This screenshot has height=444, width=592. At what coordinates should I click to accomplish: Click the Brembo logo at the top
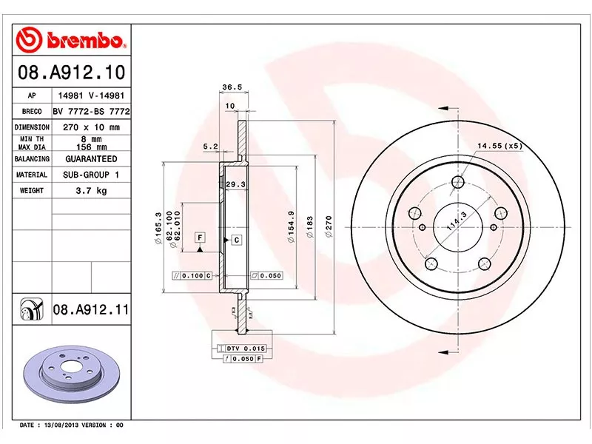[73, 39]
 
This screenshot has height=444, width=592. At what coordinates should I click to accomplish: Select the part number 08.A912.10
[71, 74]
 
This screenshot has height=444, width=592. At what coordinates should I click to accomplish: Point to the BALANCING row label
[32, 159]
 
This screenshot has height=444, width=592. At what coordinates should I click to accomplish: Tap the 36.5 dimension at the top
[232, 87]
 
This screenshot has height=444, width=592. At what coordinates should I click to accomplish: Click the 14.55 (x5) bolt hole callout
[499, 146]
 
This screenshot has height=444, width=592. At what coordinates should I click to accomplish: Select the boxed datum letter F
[199, 237]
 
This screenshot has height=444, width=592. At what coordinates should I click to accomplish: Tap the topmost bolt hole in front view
[457, 182]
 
